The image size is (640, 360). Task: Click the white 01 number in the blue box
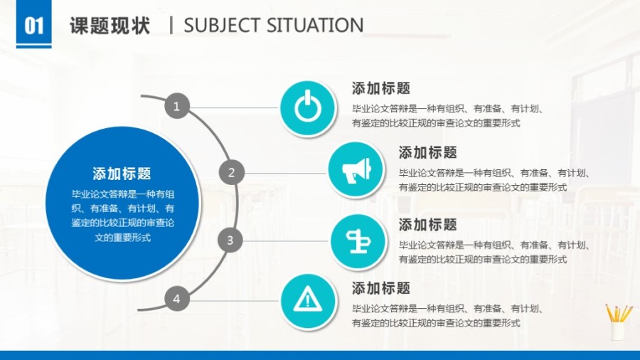(x=34, y=26)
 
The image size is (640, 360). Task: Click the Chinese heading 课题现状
(x=110, y=26)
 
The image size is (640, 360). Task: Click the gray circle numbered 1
(x=176, y=107)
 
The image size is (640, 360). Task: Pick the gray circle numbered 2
(x=231, y=172)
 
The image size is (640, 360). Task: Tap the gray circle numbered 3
(x=230, y=240)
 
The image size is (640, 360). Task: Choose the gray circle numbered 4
(x=176, y=299)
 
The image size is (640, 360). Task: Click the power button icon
(x=306, y=108)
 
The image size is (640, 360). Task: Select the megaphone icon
(x=355, y=171)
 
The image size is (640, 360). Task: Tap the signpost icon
(x=355, y=241)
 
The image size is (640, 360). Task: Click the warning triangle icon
(x=306, y=299)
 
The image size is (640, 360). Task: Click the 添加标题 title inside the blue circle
(x=122, y=174)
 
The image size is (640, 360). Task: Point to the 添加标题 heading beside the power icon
(x=381, y=89)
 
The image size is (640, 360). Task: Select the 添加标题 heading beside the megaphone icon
(x=427, y=152)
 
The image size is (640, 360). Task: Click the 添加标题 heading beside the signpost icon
(x=427, y=225)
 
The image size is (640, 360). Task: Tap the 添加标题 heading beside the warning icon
(x=381, y=288)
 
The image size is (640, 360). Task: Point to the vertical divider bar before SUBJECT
(x=171, y=26)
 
